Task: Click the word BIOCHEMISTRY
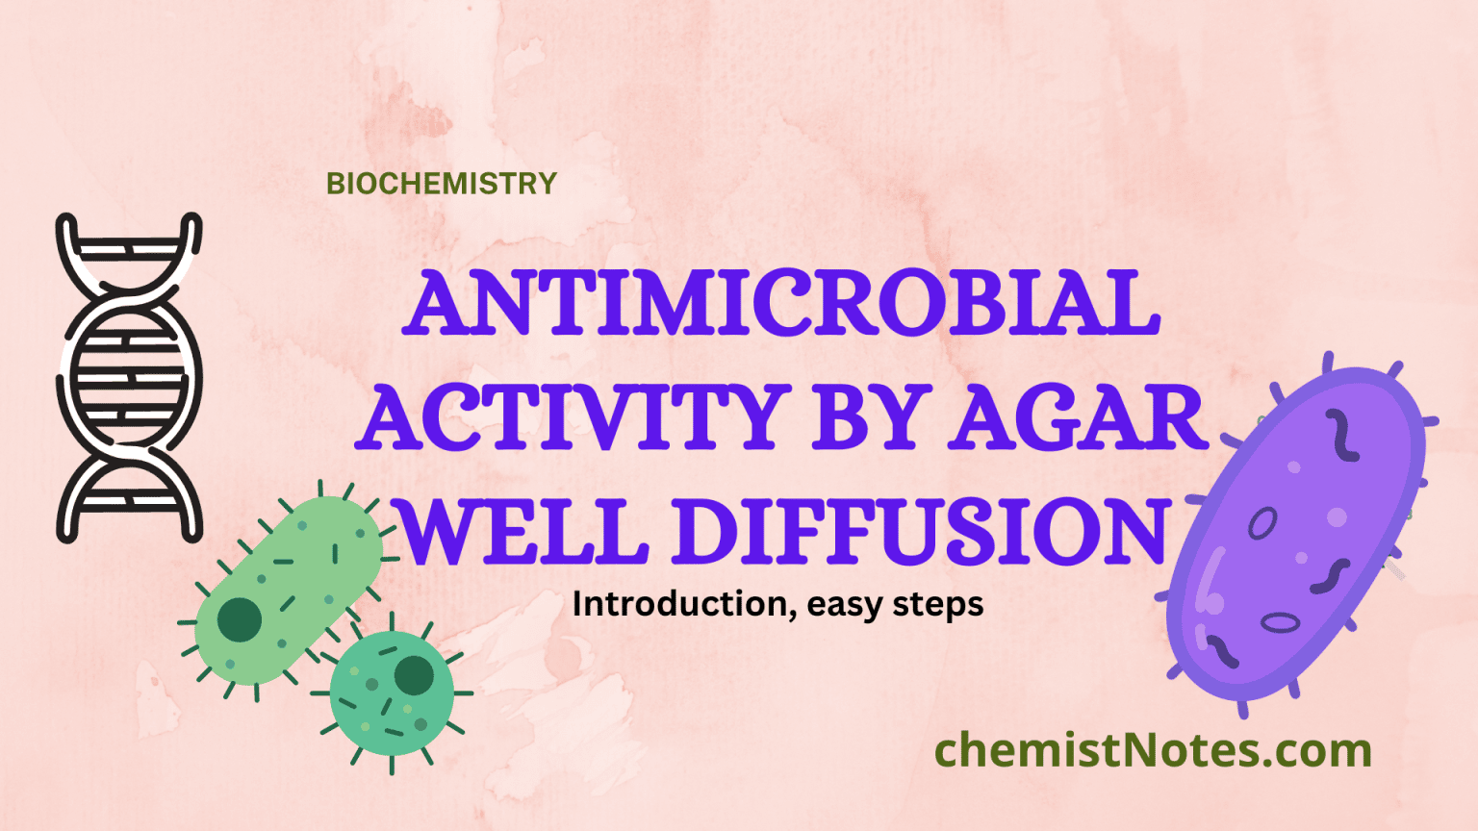tap(442, 183)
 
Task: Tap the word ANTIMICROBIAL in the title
tap(784, 303)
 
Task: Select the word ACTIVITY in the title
tap(573, 418)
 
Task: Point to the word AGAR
tap(1078, 418)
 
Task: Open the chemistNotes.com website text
tap(1153, 750)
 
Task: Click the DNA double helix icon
tap(129, 377)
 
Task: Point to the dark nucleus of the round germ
tap(414, 675)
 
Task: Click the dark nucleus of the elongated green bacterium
tap(239, 620)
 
